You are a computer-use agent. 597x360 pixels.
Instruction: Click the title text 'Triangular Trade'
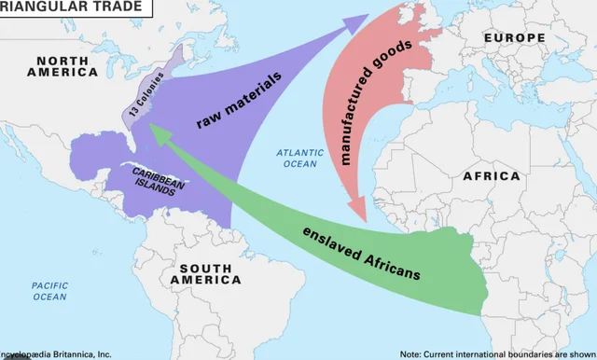point(71,7)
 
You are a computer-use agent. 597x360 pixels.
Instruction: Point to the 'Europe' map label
point(514,37)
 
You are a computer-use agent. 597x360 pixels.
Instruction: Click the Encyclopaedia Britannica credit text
point(56,353)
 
